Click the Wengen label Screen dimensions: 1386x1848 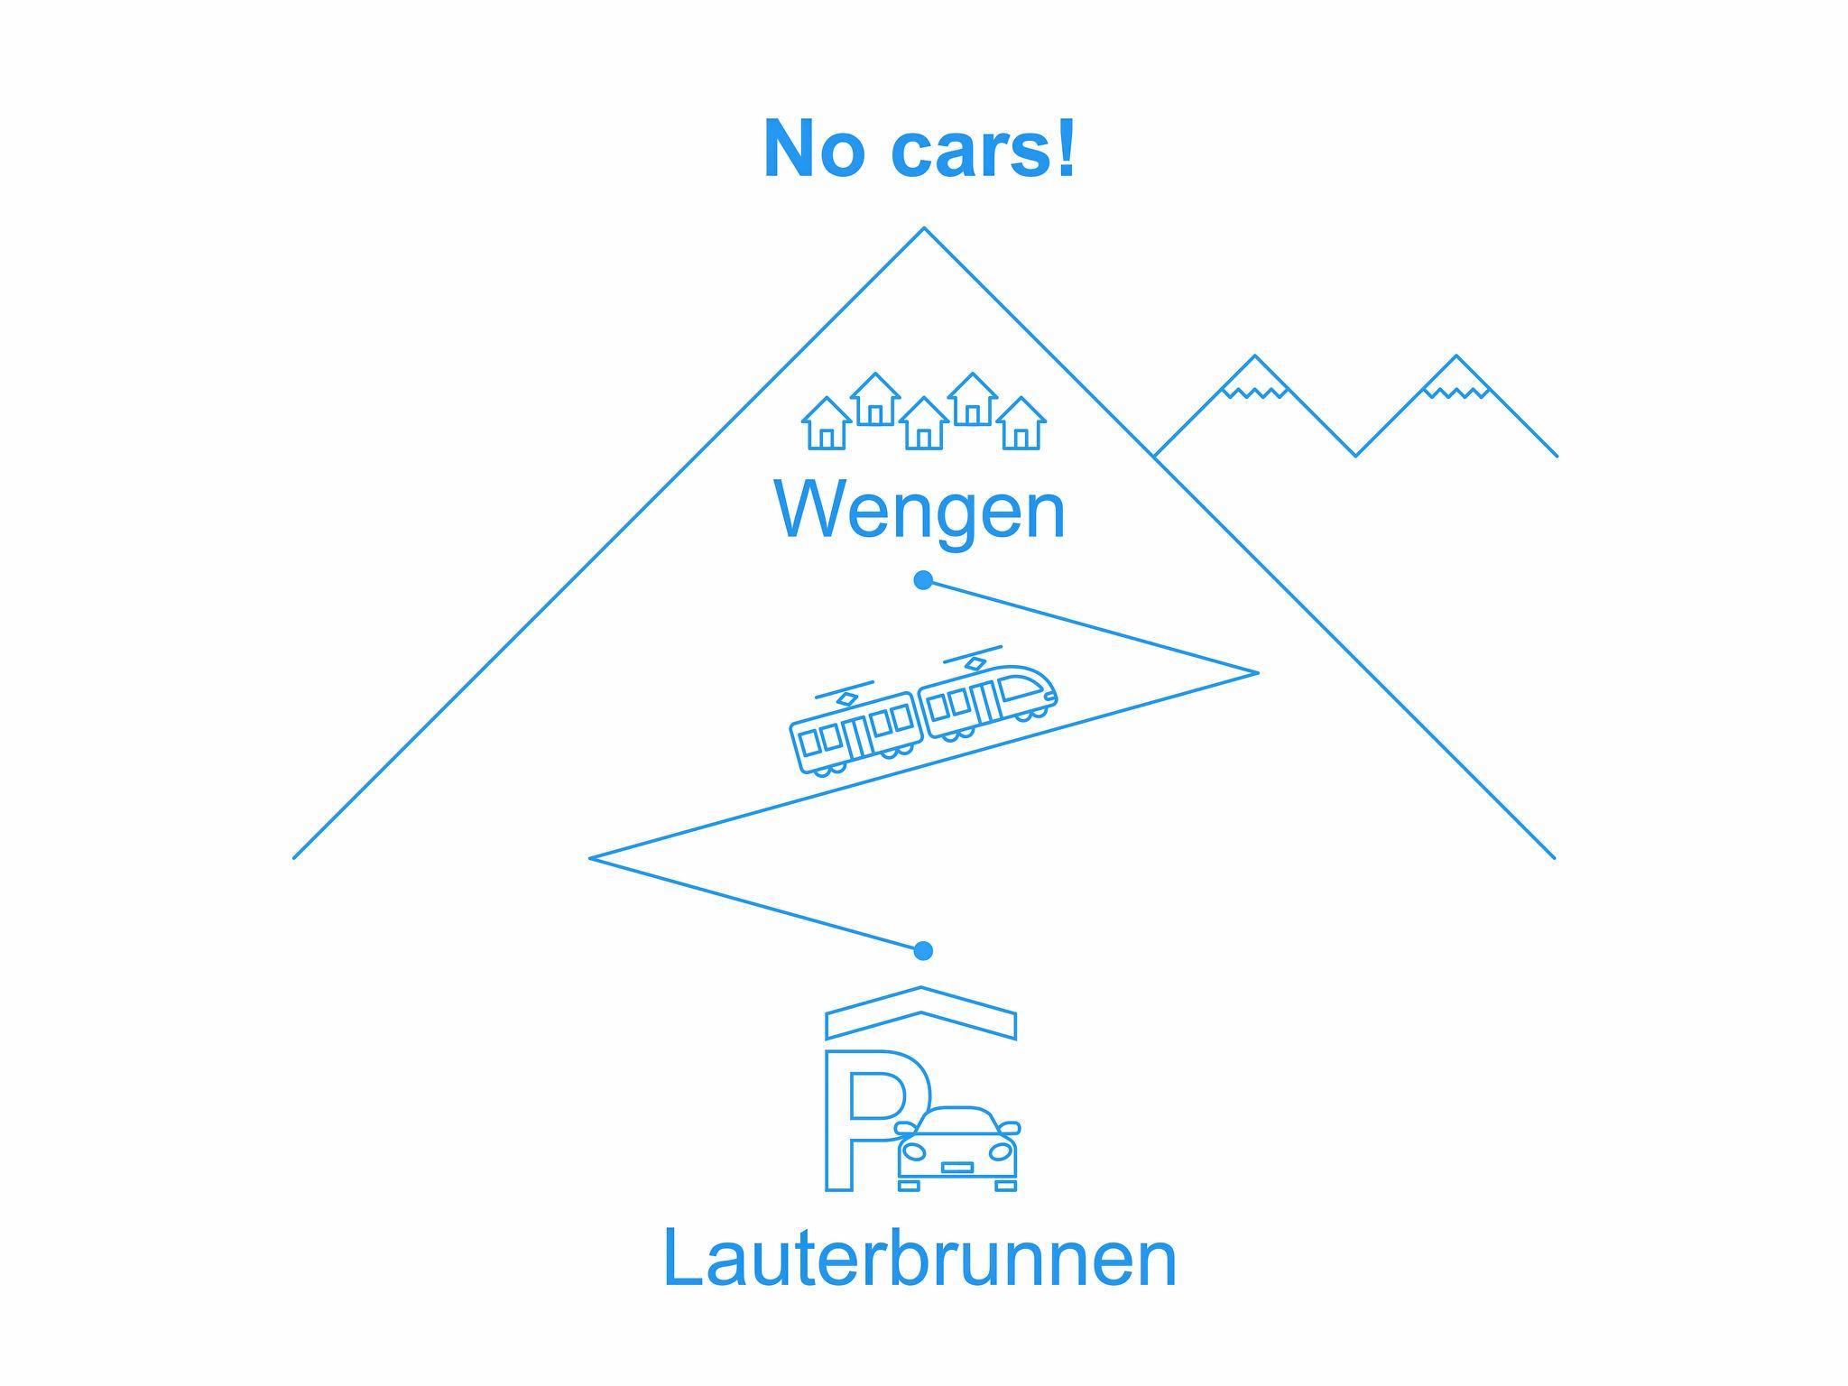[x=919, y=511]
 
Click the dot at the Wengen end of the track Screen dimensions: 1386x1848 [x=922, y=580]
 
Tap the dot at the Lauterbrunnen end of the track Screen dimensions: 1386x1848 [x=922, y=950]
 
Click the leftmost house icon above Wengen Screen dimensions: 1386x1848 [x=827, y=424]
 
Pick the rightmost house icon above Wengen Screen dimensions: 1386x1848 [x=1021, y=424]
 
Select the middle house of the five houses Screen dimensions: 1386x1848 [x=924, y=424]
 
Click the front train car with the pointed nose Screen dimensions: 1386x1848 [x=989, y=700]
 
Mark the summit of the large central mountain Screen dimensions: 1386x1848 [x=924, y=229]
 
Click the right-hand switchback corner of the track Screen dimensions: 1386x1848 [x=1255, y=672]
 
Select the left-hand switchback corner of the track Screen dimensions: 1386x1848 [x=592, y=857]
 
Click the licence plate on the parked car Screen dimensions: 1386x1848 [x=956, y=1168]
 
